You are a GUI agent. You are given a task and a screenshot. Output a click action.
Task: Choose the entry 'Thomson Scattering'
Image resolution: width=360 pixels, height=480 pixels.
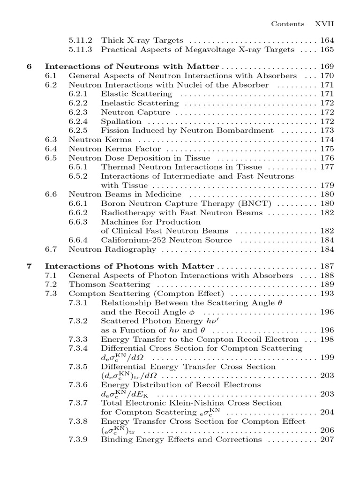coord(109,285)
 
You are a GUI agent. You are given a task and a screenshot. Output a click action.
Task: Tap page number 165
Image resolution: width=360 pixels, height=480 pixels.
coord(327,49)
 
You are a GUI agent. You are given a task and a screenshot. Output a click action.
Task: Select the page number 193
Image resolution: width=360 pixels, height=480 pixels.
coord(327,293)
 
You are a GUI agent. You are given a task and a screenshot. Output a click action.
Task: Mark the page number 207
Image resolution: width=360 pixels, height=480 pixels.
coord(327,439)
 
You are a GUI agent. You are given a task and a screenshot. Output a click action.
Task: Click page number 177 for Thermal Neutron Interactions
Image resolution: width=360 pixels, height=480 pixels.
coord(327,167)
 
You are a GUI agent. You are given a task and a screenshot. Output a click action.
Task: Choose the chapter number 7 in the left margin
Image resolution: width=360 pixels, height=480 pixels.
coord(30,266)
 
